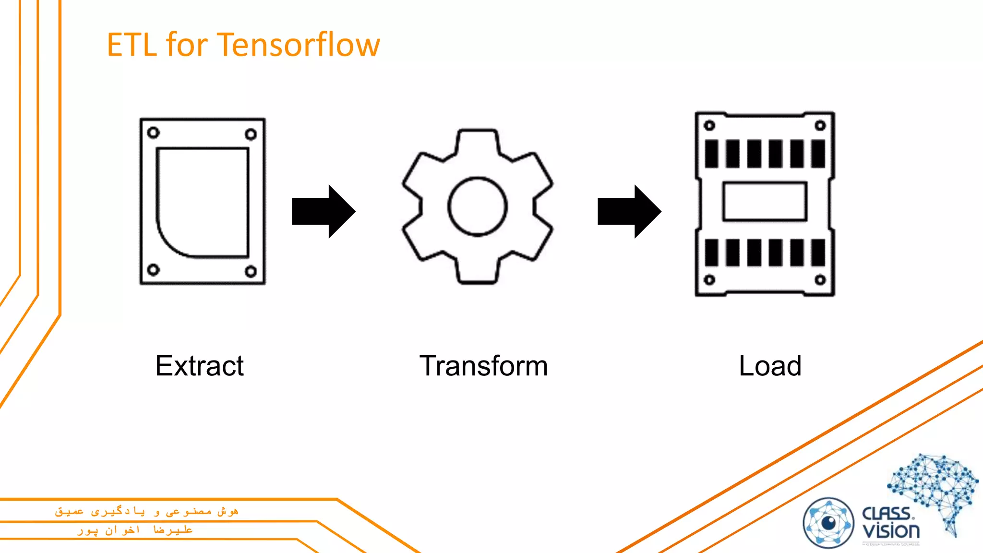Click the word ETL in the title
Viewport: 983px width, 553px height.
[132, 45]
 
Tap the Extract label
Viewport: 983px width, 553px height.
[200, 366]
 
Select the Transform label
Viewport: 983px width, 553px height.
[483, 366]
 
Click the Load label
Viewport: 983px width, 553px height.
[770, 366]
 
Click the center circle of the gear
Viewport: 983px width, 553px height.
[478, 206]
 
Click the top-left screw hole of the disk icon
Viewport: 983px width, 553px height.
[153, 132]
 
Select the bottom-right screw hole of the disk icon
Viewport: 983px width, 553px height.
[251, 272]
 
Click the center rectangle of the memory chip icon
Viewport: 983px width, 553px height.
[765, 201]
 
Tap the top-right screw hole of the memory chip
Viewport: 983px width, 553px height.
[820, 126]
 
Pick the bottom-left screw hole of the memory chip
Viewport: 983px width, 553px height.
[709, 280]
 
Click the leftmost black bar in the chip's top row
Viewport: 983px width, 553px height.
[711, 154]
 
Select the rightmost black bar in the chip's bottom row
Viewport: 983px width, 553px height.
[818, 252]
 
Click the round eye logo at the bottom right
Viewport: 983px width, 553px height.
[828, 523]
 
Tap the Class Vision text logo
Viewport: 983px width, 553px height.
[891, 523]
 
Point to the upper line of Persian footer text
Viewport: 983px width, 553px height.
[146, 511]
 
